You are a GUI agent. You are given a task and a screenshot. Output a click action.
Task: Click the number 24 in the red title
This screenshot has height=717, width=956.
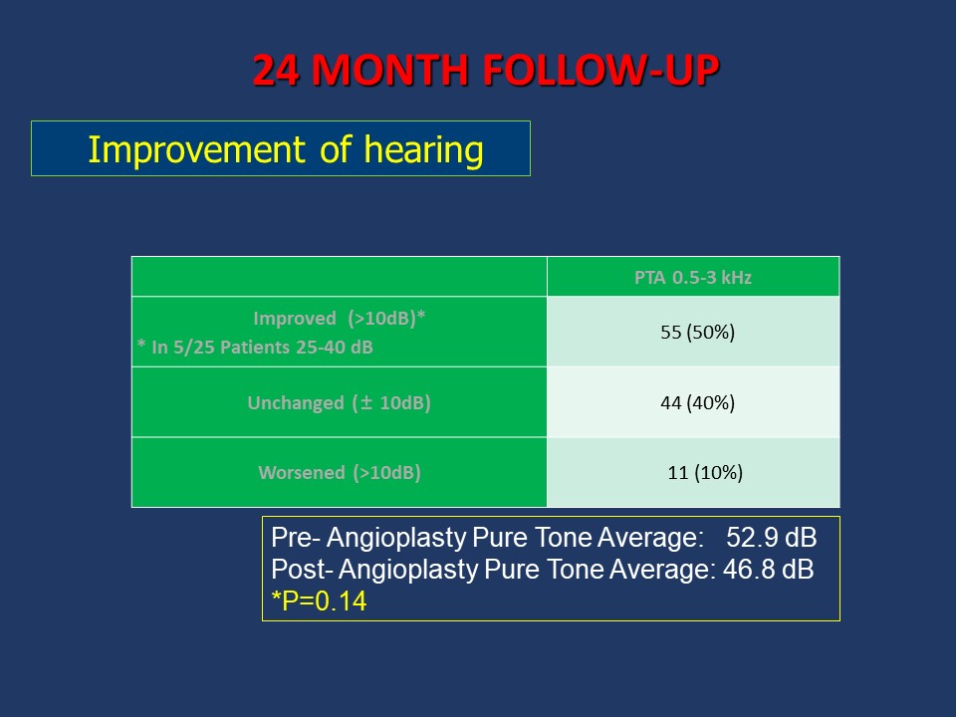tap(276, 70)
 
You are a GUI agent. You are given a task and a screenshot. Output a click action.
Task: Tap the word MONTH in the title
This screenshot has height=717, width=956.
tap(390, 70)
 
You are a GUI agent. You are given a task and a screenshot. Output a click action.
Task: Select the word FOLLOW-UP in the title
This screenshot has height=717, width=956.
tap(601, 70)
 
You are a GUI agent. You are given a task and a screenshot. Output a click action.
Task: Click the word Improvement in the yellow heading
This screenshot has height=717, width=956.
tap(196, 150)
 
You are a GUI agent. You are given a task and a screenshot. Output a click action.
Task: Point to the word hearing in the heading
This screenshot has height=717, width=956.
tap(424, 150)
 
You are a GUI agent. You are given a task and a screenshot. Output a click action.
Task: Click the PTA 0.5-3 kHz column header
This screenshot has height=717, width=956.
tap(693, 278)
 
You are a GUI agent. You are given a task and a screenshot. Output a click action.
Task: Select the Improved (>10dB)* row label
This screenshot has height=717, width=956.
tap(339, 319)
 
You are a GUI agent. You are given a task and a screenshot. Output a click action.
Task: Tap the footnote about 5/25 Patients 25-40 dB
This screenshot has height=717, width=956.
tap(255, 347)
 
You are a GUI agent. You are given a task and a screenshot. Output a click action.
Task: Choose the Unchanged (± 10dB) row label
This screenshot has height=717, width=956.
tap(339, 403)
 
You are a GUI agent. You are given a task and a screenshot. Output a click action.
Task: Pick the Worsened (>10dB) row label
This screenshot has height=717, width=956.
tap(340, 472)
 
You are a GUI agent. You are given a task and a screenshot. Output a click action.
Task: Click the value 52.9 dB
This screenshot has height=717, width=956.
tap(771, 538)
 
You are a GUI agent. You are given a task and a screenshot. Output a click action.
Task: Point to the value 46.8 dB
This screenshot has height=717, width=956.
tap(768, 570)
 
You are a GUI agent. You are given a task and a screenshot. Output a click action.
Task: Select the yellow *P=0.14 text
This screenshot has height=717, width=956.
tap(319, 601)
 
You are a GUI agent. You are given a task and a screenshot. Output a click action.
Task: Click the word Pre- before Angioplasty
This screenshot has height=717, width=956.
tap(296, 538)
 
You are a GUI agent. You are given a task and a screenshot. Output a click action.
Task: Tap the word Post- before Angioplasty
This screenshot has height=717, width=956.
tap(303, 570)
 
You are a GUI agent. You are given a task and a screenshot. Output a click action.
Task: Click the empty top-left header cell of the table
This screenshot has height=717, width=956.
tap(340, 277)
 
